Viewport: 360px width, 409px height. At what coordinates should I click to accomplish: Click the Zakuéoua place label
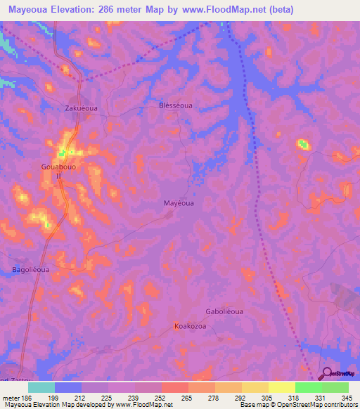click(x=78, y=109)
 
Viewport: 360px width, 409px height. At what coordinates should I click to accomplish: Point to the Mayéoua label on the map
click(x=179, y=202)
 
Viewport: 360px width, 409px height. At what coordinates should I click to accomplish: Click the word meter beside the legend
click(x=10, y=397)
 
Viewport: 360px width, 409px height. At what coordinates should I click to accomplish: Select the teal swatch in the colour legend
click(x=41, y=387)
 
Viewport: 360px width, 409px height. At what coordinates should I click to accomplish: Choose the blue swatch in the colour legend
click(x=68, y=387)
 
